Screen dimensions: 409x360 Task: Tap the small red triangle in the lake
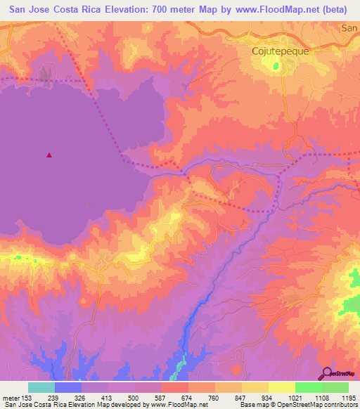[x=49, y=155]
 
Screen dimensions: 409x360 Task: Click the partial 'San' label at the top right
[x=349, y=28]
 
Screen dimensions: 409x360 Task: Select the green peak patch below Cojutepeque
[x=276, y=67]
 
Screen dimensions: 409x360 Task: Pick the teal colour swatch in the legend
[x=41, y=387]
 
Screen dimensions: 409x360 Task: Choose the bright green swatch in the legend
[x=309, y=387]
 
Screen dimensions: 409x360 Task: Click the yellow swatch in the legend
[x=255, y=387]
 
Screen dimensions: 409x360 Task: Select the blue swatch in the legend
[x=68, y=387]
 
